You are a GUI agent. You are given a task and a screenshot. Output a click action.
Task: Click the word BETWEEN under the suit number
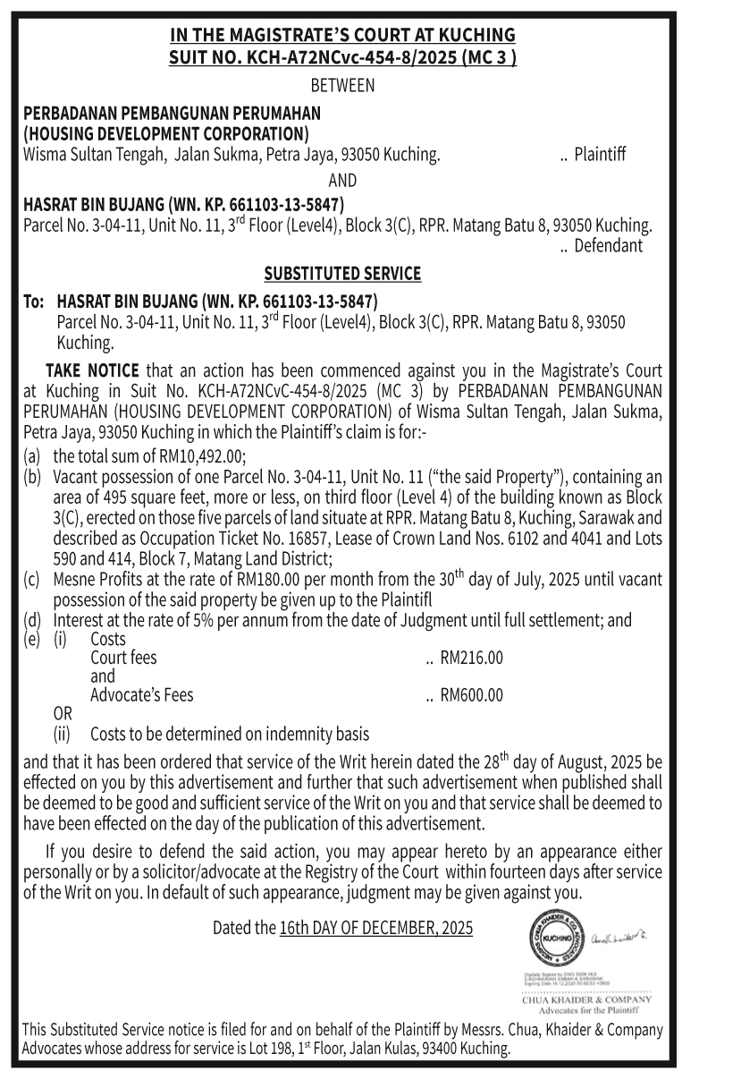pyautogui.click(x=342, y=86)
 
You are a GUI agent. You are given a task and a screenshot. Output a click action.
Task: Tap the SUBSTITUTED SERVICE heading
pyautogui.click(x=342, y=273)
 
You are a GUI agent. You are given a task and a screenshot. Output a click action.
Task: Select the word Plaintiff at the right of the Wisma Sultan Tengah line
pyautogui.click(x=599, y=155)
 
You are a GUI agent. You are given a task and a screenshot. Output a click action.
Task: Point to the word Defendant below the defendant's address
pyautogui.click(x=608, y=245)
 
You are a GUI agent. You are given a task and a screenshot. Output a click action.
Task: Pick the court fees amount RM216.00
pyautogui.click(x=471, y=658)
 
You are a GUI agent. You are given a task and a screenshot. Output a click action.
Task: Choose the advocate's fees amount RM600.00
pyautogui.click(x=471, y=695)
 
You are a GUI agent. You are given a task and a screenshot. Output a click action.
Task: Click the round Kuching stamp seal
pyautogui.click(x=548, y=940)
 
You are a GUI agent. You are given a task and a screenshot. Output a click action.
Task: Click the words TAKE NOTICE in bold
pyautogui.click(x=92, y=370)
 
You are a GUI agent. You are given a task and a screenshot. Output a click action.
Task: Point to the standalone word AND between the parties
pyautogui.click(x=342, y=180)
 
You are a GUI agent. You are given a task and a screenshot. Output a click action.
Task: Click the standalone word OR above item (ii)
pyautogui.click(x=64, y=715)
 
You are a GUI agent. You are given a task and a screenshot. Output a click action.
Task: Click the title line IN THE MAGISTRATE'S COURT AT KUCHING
pyautogui.click(x=342, y=35)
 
